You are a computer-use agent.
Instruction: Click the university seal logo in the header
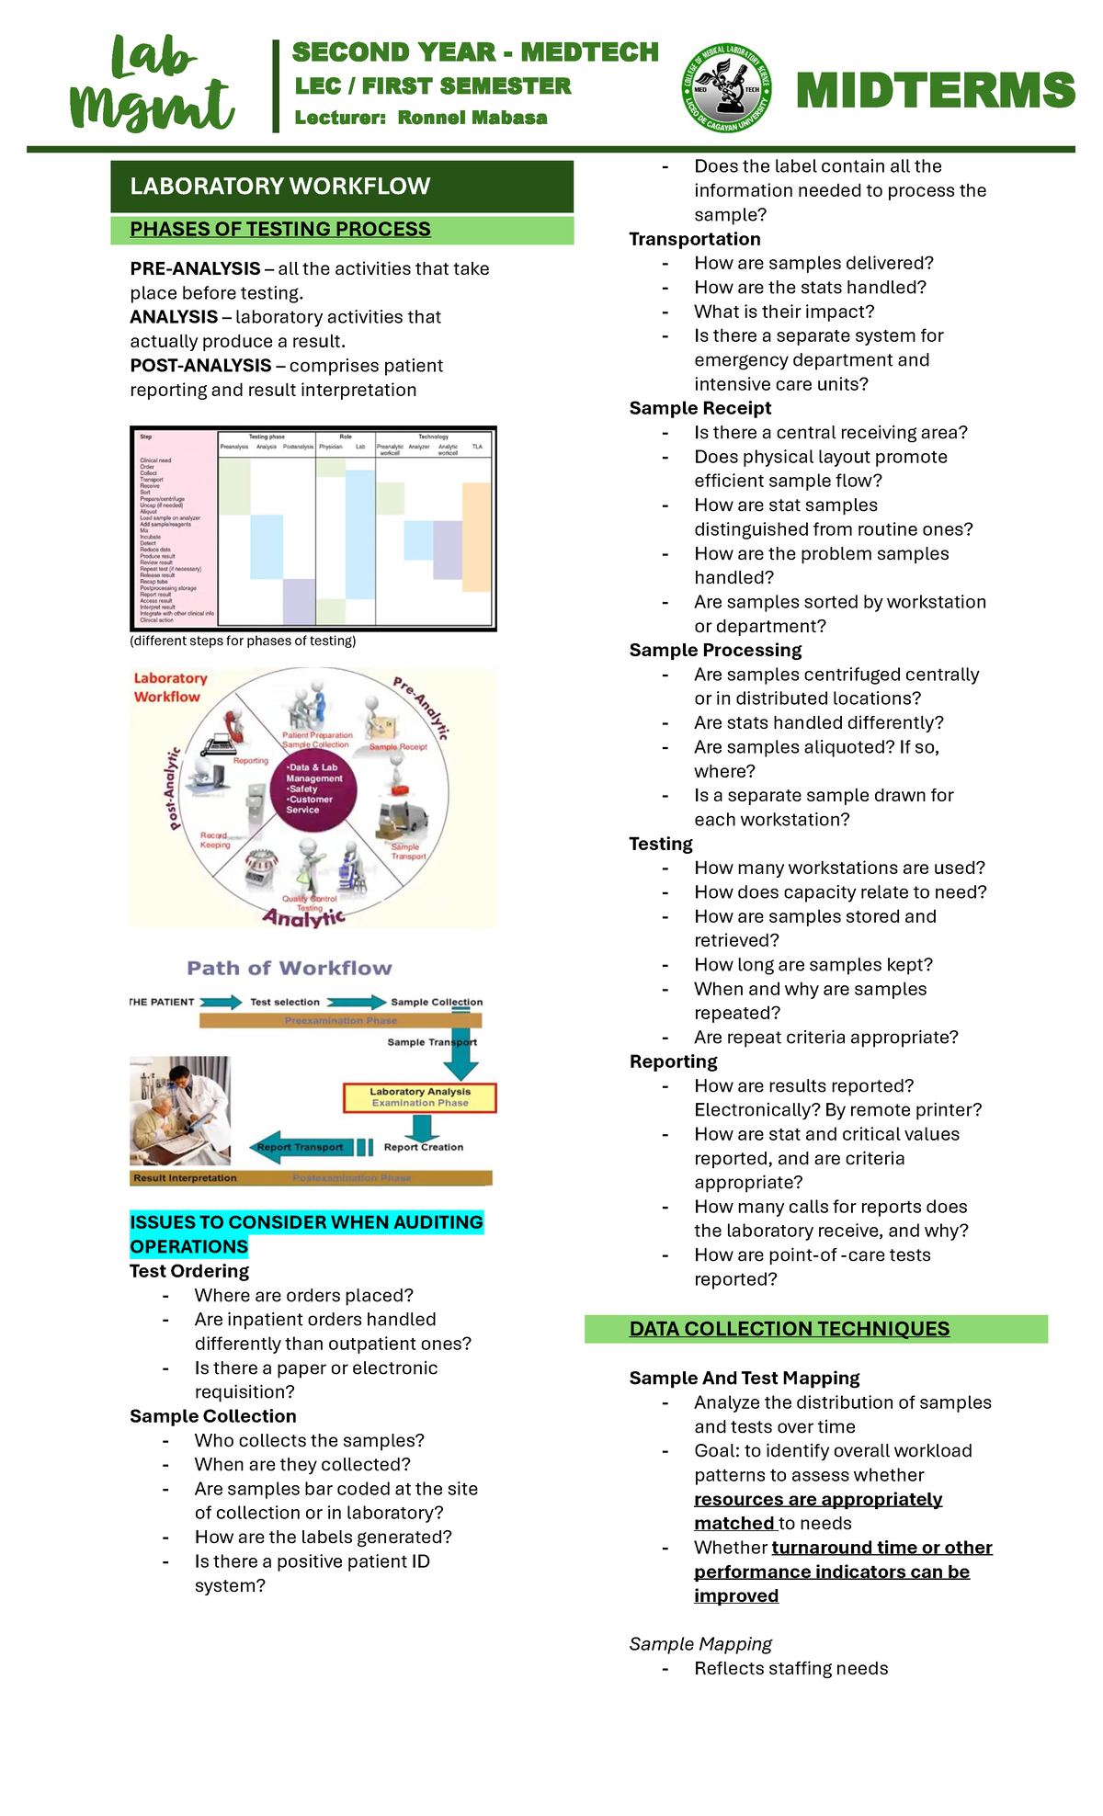coord(726,89)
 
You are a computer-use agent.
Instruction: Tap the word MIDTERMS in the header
coord(935,91)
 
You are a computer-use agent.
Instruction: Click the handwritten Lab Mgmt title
coord(152,85)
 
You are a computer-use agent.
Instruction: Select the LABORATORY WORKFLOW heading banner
coord(342,187)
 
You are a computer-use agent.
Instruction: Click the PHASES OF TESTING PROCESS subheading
coord(280,230)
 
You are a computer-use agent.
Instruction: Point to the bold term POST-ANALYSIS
coord(200,366)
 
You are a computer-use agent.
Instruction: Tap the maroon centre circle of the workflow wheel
coord(313,789)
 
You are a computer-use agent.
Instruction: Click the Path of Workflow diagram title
coord(290,968)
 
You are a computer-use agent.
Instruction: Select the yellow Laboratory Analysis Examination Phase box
coord(419,1097)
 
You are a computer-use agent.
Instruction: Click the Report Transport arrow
coord(301,1147)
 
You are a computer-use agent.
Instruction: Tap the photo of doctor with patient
coord(180,1110)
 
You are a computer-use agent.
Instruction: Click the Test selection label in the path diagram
coord(285,1002)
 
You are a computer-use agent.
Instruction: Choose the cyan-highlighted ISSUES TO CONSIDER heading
coord(306,1233)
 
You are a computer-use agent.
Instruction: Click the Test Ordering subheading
coord(189,1271)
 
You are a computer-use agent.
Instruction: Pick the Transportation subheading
coord(695,239)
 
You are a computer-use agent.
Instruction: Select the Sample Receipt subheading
coord(700,408)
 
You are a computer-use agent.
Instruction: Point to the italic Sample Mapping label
coord(700,1644)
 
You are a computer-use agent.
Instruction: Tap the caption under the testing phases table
coord(243,641)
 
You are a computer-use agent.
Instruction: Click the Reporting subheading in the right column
coord(673,1061)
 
